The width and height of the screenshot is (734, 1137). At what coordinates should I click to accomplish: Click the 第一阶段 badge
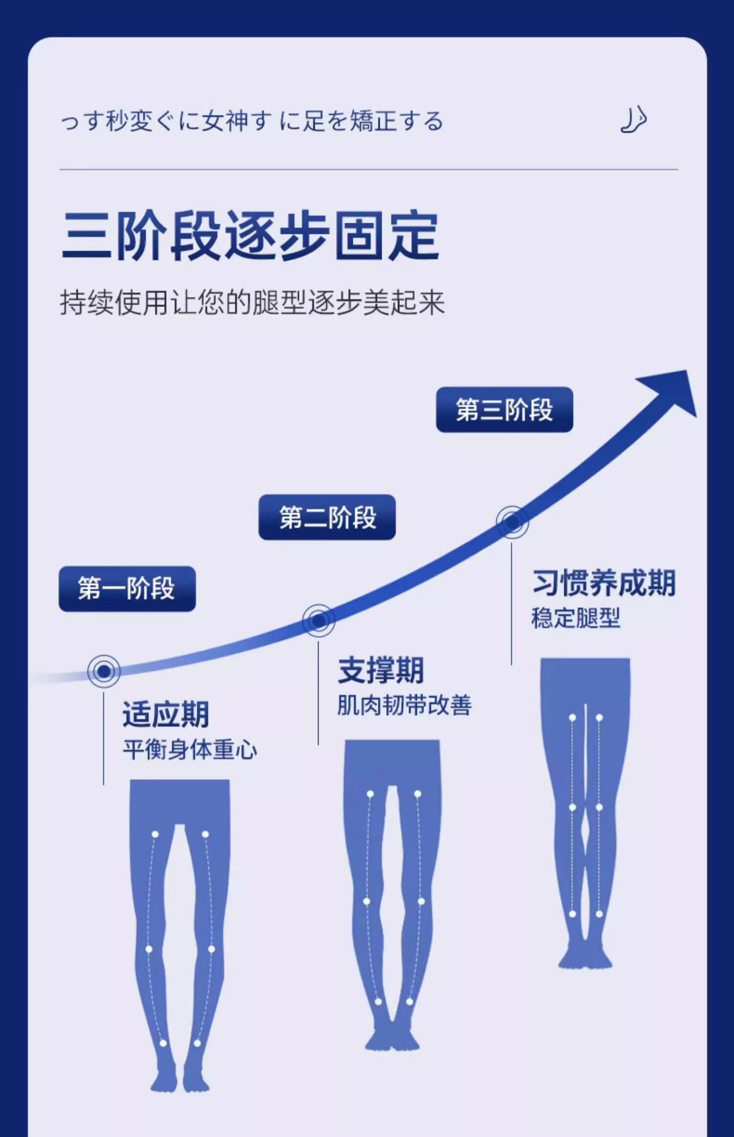pyautogui.click(x=127, y=589)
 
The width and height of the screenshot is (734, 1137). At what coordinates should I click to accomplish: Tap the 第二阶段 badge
pyautogui.click(x=327, y=517)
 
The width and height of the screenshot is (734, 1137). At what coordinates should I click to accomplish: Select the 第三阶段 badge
pyautogui.click(x=504, y=410)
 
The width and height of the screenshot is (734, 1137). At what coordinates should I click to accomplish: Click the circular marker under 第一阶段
pyautogui.click(x=104, y=671)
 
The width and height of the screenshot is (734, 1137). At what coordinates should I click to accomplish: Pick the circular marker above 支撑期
pyautogui.click(x=319, y=620)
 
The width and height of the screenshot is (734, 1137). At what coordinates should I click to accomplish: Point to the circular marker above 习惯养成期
pyautogui.click(x=512, y=522)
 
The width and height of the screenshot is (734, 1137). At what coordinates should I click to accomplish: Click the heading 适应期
pyautogui.click(x=165, y=715)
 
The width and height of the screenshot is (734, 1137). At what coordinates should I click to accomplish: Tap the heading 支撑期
pyautogui.click(x=380, y=670)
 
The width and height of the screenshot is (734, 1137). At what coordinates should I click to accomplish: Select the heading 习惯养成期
pyautogui.click(x=604, y=583)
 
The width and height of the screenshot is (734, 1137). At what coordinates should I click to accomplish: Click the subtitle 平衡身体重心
pyautogui.click(x=189, y=750)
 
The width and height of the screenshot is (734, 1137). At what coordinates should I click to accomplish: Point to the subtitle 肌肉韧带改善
pyautogui.click(x=404, y=706)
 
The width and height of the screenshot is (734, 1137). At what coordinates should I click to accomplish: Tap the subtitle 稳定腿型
pyautogui.click(x=575, y=618)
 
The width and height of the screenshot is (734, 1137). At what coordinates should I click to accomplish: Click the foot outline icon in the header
pyautogui.click(x=633, y=120)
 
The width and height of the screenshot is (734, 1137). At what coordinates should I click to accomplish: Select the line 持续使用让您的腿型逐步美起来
pyautogui.click(x=252, y=302)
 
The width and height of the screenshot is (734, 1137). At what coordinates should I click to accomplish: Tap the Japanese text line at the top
pyautogui.click(x=252, y=121)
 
